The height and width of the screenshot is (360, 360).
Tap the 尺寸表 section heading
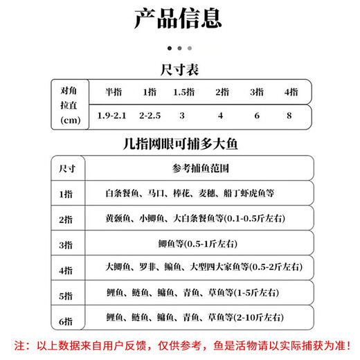point(179,70)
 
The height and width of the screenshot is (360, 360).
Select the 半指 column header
point(113,93)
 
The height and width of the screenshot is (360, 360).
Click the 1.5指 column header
point(182,93)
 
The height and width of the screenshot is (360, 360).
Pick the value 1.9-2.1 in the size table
point(113,116)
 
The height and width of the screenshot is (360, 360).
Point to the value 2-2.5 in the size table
point(150,116)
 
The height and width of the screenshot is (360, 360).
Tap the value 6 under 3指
point(257,116)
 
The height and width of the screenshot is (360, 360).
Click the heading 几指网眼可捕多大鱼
point(179,145)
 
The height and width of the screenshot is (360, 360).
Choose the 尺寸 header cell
point(68,169)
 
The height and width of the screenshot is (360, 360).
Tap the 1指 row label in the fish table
point(66,195)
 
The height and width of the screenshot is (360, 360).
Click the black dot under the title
point(170,48)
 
